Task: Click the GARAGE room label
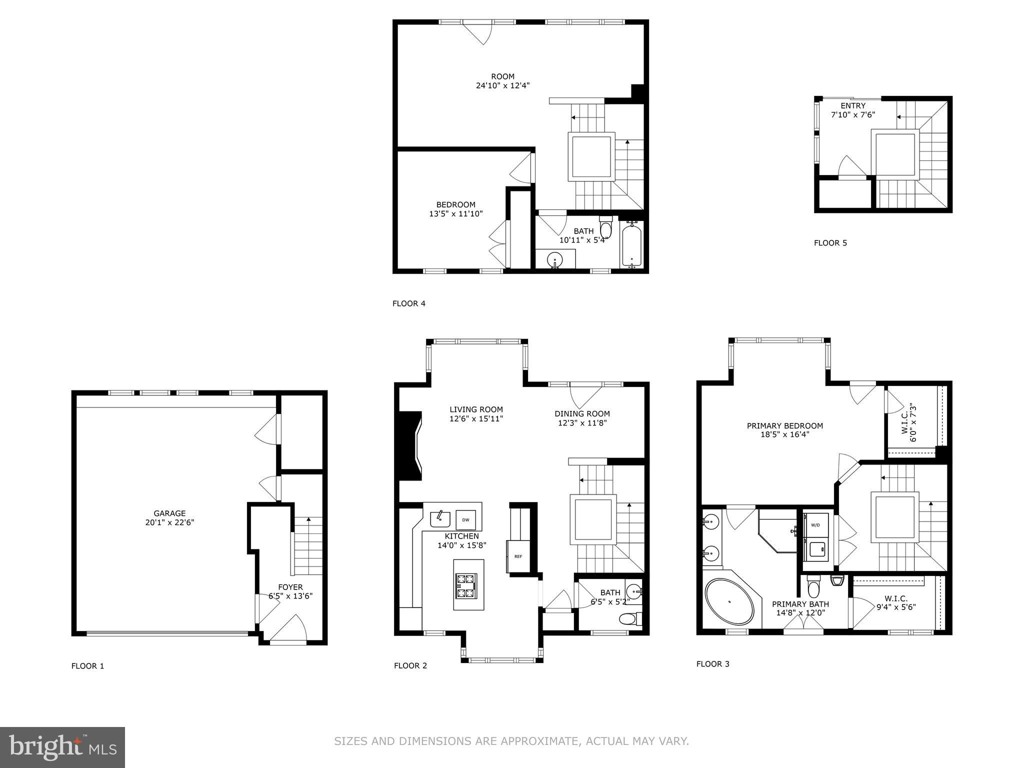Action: [x=169, y=513]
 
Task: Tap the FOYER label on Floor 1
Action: [x=290, y=587]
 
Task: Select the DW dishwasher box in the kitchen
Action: [x=465, y=520]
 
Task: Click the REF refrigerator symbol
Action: [x=518, y=556]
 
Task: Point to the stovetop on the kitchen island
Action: [x=465, y=586]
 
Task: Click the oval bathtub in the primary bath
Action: [x=729, y=602]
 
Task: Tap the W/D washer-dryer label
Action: [x=815, y=525]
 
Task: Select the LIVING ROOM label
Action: [x=476, y=409]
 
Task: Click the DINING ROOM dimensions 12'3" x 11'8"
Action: [x=582, y=423]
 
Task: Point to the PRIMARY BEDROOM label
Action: [x=784, y=426]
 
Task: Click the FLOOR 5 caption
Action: [x=830, y=243]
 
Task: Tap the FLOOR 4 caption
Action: [x=408, y=303]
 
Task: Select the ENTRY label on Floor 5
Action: [x=852, y=106]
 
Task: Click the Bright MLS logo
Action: [x=62, y=747]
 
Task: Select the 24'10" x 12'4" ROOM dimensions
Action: [x=502, y=85]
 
